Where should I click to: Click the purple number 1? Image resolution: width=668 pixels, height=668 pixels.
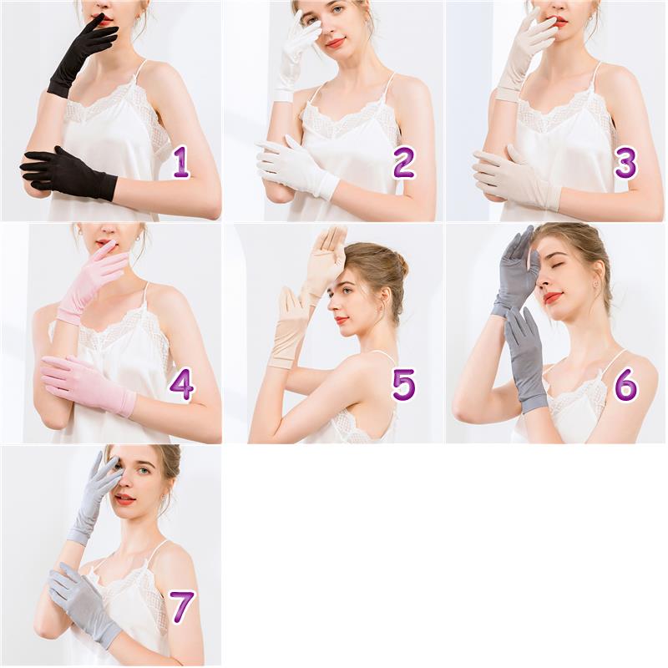click(x=181, y=162)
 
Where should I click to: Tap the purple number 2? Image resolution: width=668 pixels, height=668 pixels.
click(x=403, y=162)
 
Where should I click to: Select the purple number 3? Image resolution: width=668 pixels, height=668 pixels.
click(x=625, y=162)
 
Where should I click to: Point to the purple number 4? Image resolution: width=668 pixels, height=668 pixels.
click(x=182, y=384)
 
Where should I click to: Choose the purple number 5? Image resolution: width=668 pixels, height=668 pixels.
click(x=403, y=385)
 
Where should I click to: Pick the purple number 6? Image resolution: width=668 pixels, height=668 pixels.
click(x=625, y=385)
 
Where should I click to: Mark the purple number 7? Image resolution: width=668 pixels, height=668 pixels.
click(x=183, y=607)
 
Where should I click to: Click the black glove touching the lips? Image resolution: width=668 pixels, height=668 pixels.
click(x=81, y=55)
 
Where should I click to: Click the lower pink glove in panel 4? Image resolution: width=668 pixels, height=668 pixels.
click(x=88, y=386)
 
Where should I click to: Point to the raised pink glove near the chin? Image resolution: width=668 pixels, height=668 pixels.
click(x=92, y=281)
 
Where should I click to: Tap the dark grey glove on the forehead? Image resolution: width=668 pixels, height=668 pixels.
click(x=514, y=273)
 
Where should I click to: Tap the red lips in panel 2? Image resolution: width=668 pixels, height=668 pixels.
click(x=336, y=43)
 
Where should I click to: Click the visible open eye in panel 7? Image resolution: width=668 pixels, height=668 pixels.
click(x=144, y=470)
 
